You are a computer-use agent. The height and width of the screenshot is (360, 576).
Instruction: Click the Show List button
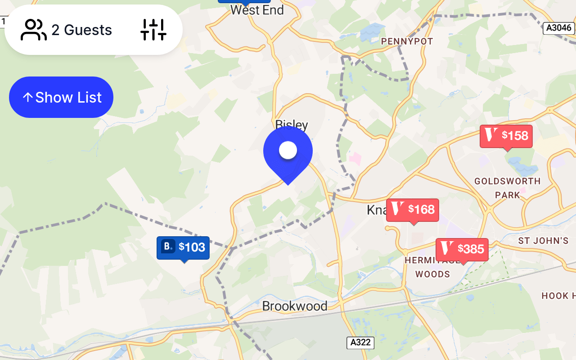[x=61, y=97]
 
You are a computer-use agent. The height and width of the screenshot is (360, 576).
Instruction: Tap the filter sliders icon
[x=153, y=30]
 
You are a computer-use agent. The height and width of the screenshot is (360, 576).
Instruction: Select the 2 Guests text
[x=81, y=30]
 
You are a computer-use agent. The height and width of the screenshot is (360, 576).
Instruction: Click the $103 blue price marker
[x=183, y=247]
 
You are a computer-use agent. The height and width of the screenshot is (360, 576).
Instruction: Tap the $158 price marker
[x=506, y=136]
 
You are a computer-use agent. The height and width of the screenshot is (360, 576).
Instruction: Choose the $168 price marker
[x=413, y=210]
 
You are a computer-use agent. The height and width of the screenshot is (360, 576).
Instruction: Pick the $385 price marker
[x=462, y=249]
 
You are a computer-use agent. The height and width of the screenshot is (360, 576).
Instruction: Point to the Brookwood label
[x=295, y=306]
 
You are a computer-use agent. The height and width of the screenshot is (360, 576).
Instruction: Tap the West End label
[x=257, y=10]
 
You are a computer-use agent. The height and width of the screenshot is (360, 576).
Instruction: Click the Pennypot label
[x=407, y=41]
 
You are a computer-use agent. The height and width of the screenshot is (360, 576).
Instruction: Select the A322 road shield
[x=360, y=342]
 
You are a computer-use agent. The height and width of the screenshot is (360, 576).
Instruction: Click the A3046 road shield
[x=559, y=28]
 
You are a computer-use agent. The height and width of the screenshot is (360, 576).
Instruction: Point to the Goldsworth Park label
[x=508, y=188]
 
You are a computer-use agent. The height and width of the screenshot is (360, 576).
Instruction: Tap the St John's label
[x=543, y=241]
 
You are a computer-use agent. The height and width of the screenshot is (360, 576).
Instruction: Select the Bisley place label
[x=292, y=124]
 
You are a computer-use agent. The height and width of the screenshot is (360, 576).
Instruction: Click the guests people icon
[x=34, y=30]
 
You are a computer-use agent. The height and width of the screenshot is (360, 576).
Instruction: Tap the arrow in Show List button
[x=27, y=97]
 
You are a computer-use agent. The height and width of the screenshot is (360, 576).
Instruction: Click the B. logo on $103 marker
[x=168, y=247]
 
